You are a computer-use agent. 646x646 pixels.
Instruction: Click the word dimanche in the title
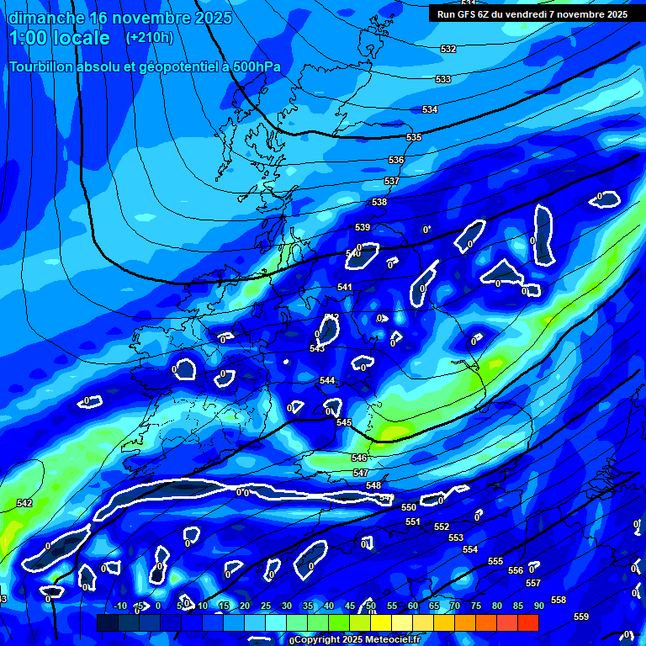[x=45, y=17]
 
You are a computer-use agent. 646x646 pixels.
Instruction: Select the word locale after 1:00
[x=79, y=38]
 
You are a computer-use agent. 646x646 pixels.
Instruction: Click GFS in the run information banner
[x=470, y=14]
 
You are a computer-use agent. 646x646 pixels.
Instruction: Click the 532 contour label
[x=448, y=50]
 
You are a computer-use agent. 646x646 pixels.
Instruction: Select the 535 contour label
[x=414, y=137]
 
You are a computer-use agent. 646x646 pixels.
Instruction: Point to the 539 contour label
[x=363, y=228]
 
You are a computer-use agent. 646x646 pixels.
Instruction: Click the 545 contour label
[x=344, y=422]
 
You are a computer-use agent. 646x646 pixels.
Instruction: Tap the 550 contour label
[x=409, y=507]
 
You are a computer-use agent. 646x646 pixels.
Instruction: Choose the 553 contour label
[x=456, y=537]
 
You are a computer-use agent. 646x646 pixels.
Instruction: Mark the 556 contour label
[x=516, y=570]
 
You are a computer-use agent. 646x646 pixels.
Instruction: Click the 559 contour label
[x=581, y=617]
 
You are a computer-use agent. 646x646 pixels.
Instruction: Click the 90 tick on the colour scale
[x=538, y=606]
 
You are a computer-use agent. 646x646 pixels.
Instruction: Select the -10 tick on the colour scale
[x=120, y=606]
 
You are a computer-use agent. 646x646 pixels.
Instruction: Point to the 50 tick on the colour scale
[x=371, y=606]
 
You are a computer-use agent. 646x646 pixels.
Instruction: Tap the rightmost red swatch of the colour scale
[x=527, y=622]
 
